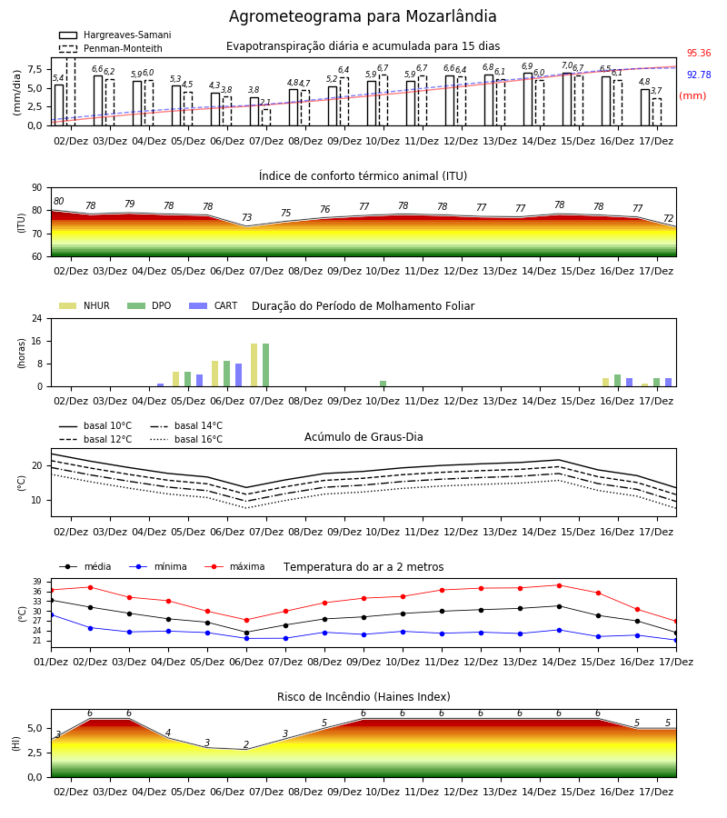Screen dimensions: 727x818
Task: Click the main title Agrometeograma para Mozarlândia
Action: click(363, 16)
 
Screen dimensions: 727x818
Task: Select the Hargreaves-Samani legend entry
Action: click(115, 35)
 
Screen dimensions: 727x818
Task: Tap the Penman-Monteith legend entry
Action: click(111, 48)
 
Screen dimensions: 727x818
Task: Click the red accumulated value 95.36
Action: click(699, 53)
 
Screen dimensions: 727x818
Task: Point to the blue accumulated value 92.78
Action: click(699, 75)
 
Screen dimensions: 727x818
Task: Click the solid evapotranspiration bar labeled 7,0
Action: click(567, 100)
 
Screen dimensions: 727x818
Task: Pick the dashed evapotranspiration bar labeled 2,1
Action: click(266, 117)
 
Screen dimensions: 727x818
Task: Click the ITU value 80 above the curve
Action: click(58, 201)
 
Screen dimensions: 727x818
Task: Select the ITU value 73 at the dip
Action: click(246, 217)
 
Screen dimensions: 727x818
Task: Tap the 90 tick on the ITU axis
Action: click(37, 188)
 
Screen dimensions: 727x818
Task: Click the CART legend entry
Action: click(214, 305)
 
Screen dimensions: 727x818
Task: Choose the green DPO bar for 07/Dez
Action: click(266, 365)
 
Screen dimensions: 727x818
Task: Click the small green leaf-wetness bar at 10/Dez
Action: click(383, 384)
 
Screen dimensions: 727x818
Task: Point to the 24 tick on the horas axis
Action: click(37, 318)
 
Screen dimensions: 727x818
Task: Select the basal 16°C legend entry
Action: click(186, 439)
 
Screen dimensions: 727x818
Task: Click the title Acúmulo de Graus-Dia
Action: click(363, 436)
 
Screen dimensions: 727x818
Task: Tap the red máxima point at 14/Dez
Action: click(559, 585)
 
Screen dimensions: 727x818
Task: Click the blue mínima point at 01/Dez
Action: click(52, 614)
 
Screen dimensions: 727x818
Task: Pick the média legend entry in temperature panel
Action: click(85, 566)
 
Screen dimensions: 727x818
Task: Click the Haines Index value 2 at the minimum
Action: click(246, 744)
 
